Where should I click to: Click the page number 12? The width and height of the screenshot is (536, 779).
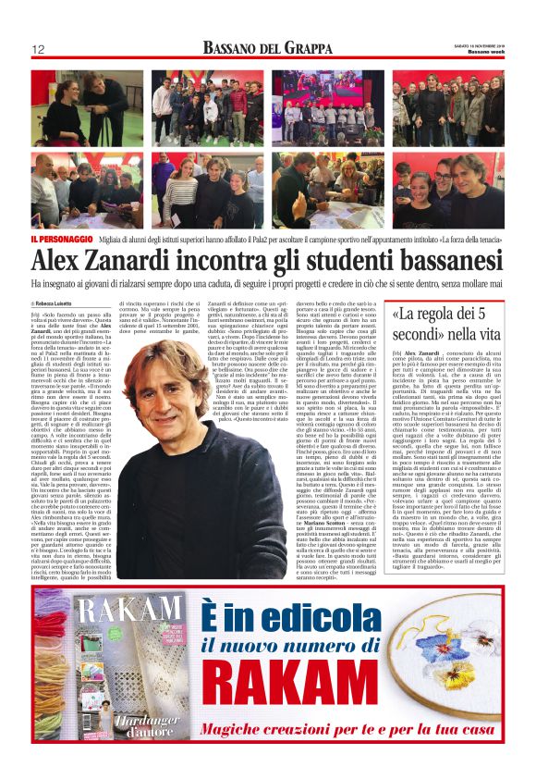coord(38,49)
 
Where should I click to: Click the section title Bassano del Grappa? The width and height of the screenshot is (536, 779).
coord(268,48)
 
